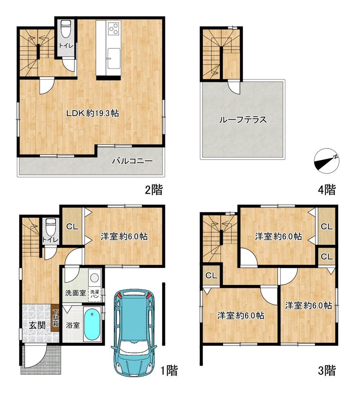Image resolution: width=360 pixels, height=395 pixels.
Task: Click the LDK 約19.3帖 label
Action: (x=92, y=113)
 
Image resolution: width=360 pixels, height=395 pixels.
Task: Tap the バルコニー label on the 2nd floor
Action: (x=132, y=160)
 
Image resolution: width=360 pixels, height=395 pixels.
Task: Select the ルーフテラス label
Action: (x=243, y=119)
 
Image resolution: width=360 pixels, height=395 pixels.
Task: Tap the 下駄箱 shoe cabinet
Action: (x=55, y=319)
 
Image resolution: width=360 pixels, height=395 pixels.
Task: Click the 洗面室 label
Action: (x=76, y=293)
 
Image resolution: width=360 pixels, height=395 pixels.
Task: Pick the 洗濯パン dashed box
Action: (x=95, y=294)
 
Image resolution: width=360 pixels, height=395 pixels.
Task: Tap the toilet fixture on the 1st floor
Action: (x=50, y=226)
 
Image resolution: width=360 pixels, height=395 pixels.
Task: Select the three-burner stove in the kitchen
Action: (x=113, y=29)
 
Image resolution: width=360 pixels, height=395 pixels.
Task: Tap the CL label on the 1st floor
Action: (x=72, y=227)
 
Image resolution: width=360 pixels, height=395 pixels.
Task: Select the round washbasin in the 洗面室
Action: (x=95, y=278)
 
